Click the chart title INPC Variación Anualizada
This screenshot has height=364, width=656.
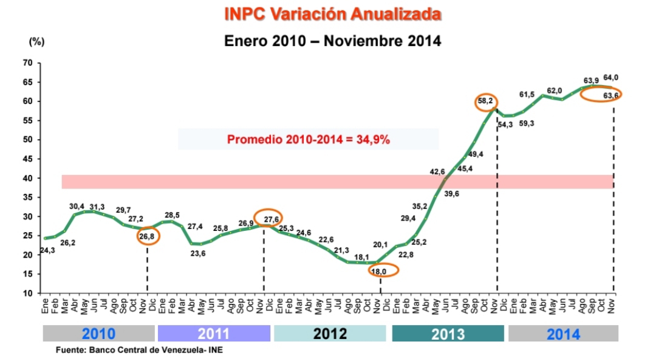point(332,14)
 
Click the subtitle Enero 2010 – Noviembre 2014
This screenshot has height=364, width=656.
point(332,41)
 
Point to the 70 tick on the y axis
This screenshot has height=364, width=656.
point(27,63)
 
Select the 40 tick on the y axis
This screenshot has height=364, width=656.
point(27,178)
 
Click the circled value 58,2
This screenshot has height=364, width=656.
point(485,101)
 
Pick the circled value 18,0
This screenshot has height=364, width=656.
point(379,272)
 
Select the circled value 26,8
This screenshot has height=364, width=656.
point(148,235)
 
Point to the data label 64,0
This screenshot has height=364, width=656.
point(611,77)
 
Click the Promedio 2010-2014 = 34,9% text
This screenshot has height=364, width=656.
point(309,140)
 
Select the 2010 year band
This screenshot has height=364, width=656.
point(98,334)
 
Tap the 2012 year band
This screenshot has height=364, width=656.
point(330,334)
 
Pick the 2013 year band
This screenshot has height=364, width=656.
point(448,334)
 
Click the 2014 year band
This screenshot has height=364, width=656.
point(563,334)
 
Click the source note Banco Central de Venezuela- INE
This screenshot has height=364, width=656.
point(140,351)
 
